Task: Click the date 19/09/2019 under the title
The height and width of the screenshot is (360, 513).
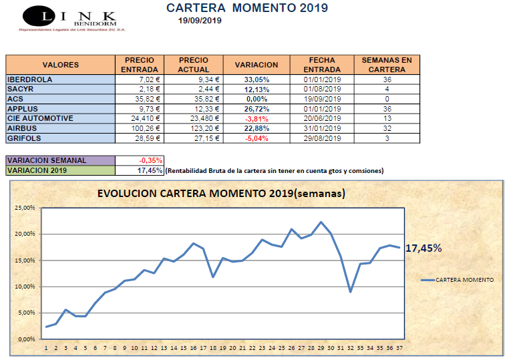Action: [x=200, y=21]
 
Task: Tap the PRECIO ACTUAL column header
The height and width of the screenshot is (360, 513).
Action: [x=194, y=65]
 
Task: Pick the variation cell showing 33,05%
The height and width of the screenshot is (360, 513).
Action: [x=256, y=79]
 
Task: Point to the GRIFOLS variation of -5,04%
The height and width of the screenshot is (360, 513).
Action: [x=256, y=138]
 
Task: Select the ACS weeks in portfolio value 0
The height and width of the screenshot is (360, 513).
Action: [x=387, y=99]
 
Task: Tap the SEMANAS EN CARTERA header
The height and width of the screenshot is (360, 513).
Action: [x=387, y=65]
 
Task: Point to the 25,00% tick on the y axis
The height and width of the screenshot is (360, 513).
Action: [x=25, y=208]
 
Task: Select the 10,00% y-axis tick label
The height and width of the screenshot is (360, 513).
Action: [x=25, y=287]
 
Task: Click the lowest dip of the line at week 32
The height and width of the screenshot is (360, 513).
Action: [x=350, y=291]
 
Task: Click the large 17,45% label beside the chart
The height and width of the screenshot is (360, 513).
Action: [x=425, y=248]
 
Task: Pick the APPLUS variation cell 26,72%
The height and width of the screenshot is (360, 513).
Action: [x=256, y=109]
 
